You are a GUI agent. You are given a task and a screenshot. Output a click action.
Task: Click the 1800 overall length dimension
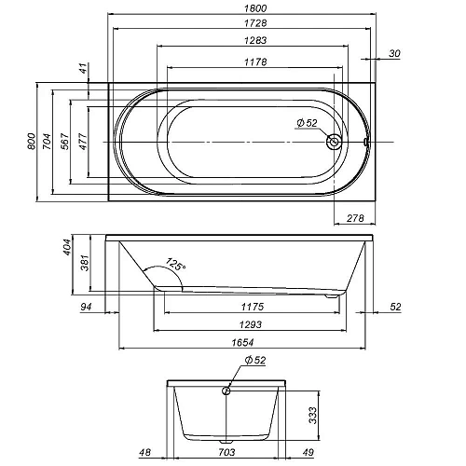click(x=255, y=8)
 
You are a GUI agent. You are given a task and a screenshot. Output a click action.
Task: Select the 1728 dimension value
click(x=255, y=23)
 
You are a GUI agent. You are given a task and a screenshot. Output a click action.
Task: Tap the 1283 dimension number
click(x=255, y=40)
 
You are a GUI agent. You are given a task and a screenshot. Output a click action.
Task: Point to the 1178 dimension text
click(x=255, y=62)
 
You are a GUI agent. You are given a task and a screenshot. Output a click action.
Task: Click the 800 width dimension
click(x=32, y=142)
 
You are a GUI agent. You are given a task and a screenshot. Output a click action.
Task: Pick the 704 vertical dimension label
click(x=47, y=142)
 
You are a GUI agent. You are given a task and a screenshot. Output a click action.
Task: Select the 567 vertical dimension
click(x=65, y=142)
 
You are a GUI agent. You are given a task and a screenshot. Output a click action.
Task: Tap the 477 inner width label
click(x=83, y=142)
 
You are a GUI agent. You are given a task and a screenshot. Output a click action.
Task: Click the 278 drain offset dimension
click(x=355, y=218)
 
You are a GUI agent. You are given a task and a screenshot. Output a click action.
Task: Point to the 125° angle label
click(x=175, y=265)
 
